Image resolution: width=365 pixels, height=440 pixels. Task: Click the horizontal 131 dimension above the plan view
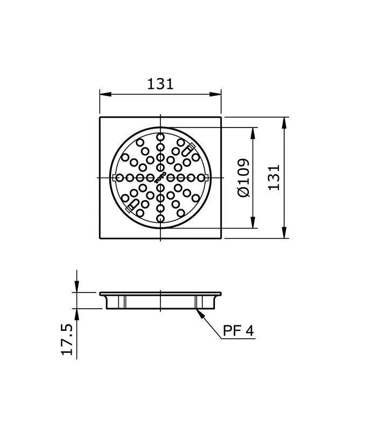[x=160, y=84]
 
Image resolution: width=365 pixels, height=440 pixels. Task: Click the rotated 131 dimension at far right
[x=274, y=177]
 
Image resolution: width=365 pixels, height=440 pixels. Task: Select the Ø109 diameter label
[x=243, y=177]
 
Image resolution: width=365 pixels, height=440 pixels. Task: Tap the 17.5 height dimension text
[x=67, y=339]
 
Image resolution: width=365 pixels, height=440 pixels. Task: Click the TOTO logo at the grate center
[x=160, y=178]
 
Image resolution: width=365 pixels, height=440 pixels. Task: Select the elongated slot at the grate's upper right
[x=189, y=149]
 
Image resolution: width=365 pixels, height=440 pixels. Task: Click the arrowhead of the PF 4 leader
[x=199, y=310]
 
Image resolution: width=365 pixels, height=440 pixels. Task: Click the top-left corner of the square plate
[x=100, y=117]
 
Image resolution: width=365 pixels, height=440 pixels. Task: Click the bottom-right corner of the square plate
[x=221, y=238]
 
